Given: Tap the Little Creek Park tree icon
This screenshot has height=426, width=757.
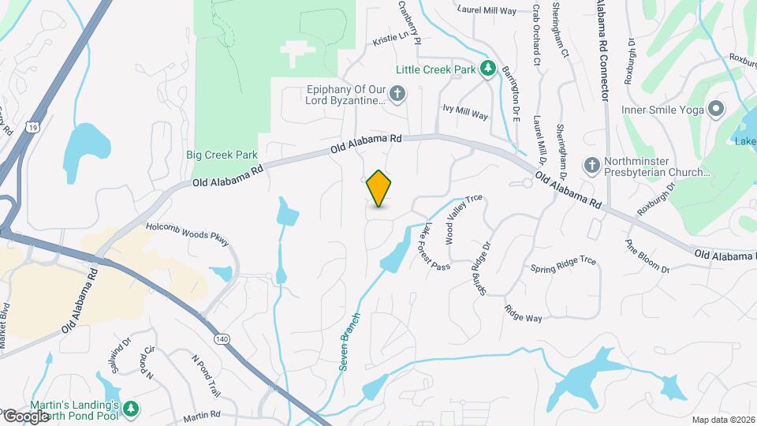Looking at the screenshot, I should tap(488, 69).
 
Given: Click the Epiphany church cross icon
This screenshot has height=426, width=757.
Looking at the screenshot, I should tap(398, 95).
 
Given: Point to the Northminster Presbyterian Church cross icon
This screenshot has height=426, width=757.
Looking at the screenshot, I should tap(591, 165).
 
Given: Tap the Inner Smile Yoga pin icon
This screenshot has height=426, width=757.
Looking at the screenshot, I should tap(716, 109).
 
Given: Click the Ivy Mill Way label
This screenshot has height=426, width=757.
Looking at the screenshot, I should tap(465, 114).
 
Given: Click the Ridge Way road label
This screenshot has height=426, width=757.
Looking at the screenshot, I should tap(524, 313).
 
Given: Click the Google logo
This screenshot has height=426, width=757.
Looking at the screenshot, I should tap(27, 416).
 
